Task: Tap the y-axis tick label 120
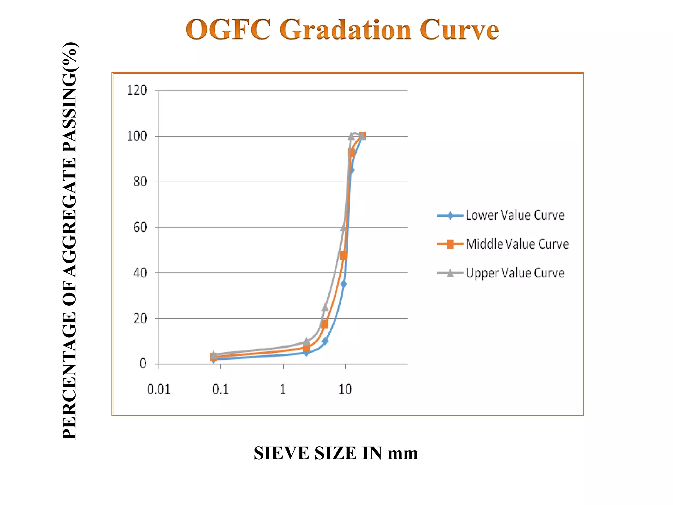click(137, 90)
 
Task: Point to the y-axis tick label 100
click(137, 136)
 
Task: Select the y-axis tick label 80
click(140, 182)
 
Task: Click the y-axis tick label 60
click(140, 227)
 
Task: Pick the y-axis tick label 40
click(140, 273)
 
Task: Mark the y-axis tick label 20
click(140, 319)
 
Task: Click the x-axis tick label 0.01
click(159, 390)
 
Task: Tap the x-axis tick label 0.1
click(220, 390)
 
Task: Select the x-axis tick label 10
click(345, 390)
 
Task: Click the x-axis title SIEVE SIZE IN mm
click(336, 453)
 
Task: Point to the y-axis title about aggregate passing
click(70, 240)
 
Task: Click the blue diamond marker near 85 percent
click(351, 170)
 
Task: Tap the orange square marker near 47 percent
click(344, 256)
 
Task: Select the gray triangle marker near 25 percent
click(325, 307)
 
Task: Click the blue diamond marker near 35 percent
click(344, 284)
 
